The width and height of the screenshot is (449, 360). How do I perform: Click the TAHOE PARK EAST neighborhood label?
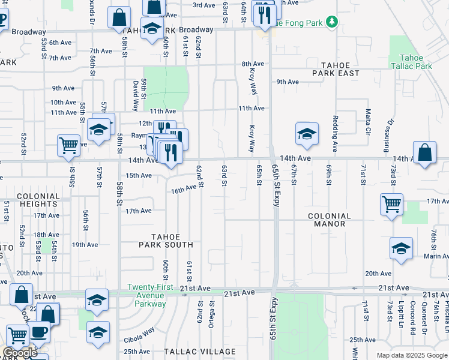pyautogui.click(x=336, y=69)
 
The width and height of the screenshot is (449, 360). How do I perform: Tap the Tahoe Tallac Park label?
pyautogui.click(x=412, y=62)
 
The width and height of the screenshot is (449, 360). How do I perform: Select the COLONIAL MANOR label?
pyautogui.click(x=329, y=220)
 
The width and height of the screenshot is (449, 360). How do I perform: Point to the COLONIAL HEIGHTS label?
pyautogui.click(x=38, y=200)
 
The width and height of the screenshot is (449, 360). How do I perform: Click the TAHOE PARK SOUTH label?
pyautogui.click(x=166, y=241)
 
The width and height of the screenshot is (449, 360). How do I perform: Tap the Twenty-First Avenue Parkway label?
pyautogui.click(x=146, y=295)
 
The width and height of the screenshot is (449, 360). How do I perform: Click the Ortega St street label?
pyautogui.click(x=212, y=313)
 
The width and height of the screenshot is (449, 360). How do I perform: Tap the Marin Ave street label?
pyautogui.click(x=436, y=256)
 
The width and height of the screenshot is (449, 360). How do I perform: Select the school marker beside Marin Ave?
pyautogui.click(x=401, y=247)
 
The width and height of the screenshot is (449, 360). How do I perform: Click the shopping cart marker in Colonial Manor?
pyautogui.click(x=391, y=204)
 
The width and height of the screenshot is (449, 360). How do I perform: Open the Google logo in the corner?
pyautogui.click(x=19, y=353)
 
